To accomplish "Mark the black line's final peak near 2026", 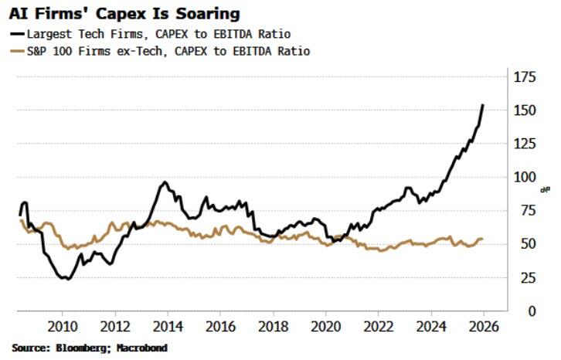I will click(x=483, y=105).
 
